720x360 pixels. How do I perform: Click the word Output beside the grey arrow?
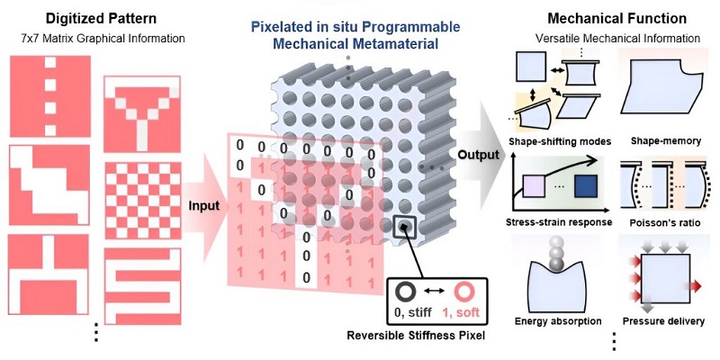point(478,154)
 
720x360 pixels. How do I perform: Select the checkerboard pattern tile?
point(142,201)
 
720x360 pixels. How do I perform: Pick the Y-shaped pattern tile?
point(142,114)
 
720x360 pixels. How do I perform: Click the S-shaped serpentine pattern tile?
point(142,286)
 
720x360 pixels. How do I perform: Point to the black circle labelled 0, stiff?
point(409,292)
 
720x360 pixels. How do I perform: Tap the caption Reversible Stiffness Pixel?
point(416,336)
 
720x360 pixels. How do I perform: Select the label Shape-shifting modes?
point(560,141)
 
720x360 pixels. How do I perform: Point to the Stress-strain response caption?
point(559,222)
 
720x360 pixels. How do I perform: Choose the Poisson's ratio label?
point(661,223)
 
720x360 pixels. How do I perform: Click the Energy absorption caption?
point(558,320)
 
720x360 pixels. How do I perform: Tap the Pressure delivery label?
point(663,321)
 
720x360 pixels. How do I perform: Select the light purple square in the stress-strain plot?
point(532,187)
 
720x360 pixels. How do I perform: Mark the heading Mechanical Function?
point(616,18)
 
